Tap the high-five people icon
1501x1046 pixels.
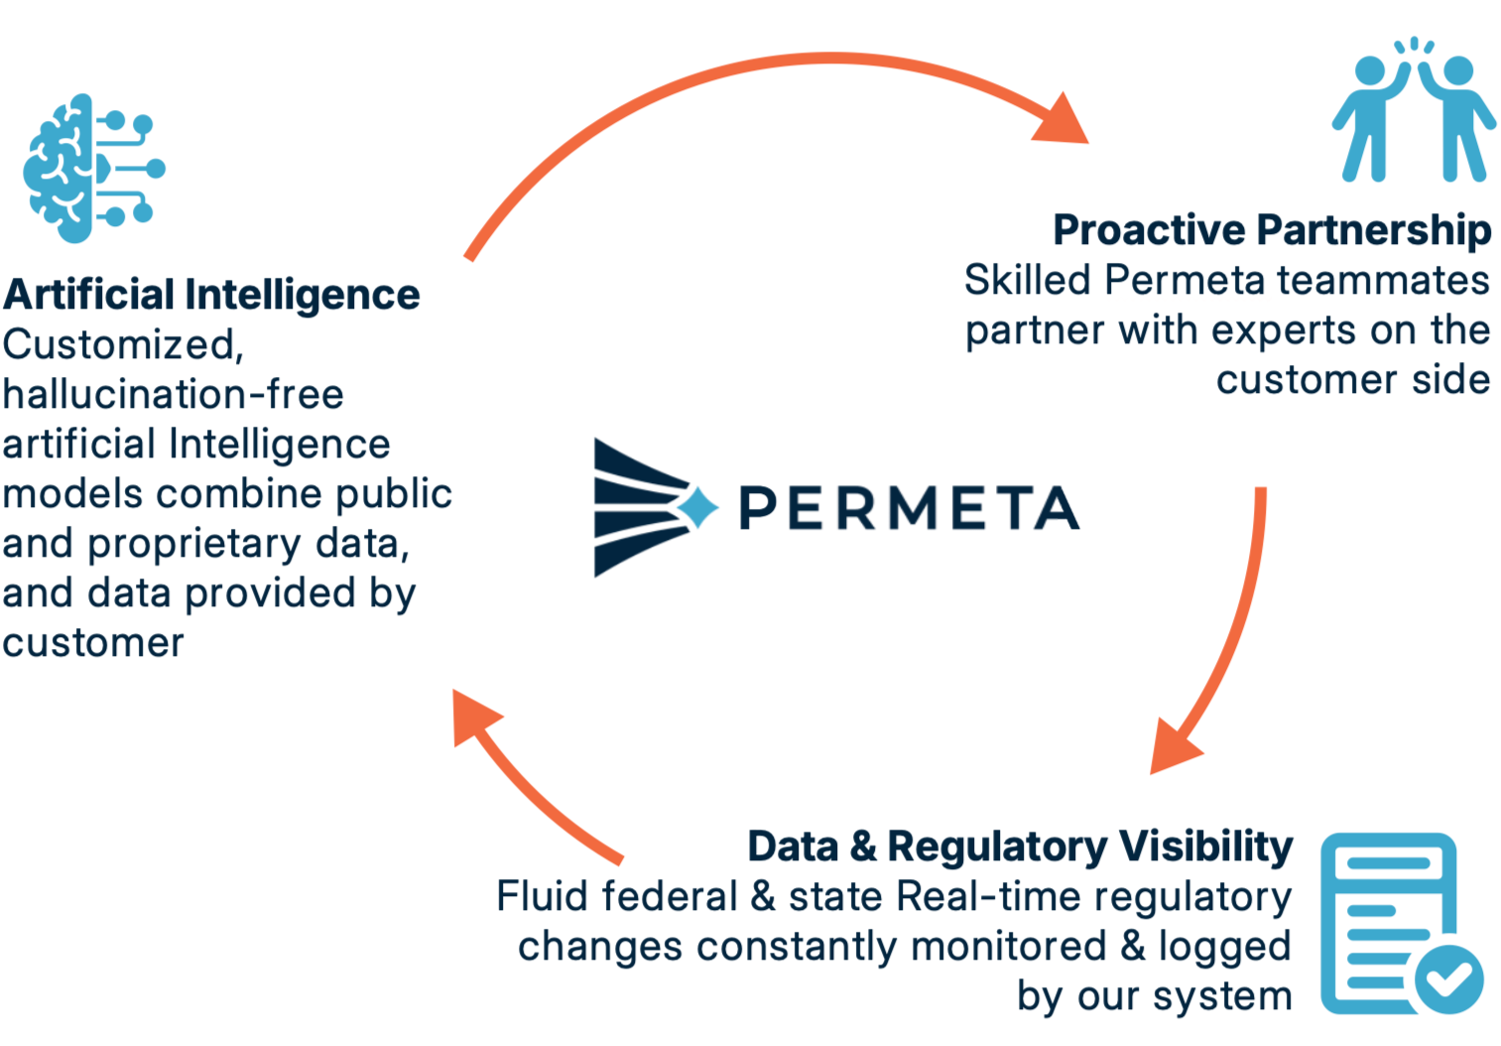(1414, 114)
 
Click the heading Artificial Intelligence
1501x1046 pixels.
(211, 295)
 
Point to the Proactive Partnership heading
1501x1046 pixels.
(1272, 230)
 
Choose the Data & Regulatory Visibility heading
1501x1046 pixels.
(1020, 847)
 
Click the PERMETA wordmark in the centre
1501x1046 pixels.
(909, 508)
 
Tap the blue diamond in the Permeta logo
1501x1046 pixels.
(698, 507)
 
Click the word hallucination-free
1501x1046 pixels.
(173, 395)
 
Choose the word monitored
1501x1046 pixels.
(1008, 946)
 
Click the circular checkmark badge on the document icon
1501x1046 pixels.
(1449, 979)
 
